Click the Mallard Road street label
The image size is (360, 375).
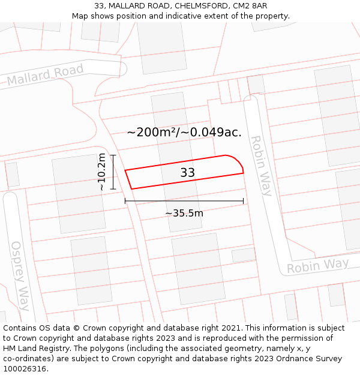click(45, 76)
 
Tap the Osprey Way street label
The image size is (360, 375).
click(20, 275)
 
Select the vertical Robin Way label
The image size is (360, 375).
click(261, 166)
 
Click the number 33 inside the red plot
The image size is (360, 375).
click(188, 173)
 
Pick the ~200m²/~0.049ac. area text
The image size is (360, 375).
click(184, 133)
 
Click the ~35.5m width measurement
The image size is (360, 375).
click(184, 213)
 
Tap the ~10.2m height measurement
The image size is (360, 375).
click(102, 172)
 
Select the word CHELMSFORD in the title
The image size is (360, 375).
click(199, 6)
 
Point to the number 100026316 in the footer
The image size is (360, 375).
click(23, 368)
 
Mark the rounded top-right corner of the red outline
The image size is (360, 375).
click(236, 160)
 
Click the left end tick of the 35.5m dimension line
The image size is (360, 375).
click(125, 200)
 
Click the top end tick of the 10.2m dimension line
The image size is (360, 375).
click(112, 155)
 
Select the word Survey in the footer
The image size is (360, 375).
click(328, 358)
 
